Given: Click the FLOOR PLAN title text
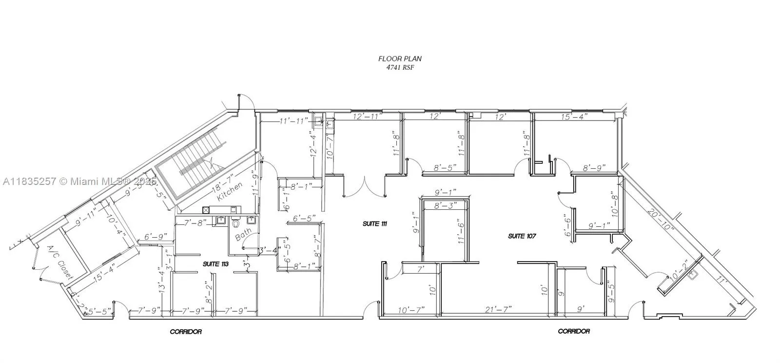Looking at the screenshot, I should pos(400,59).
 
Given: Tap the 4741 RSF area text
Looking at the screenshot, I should pos(400,67).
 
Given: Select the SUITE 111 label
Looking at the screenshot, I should pos(375,224).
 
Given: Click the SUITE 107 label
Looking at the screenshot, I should pos(522,236).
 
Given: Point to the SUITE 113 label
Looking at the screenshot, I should pos(216,263).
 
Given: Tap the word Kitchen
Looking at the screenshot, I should pos(229,192).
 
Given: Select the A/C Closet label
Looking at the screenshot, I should pos(58,262).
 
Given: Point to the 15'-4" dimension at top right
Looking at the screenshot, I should pos(574,117).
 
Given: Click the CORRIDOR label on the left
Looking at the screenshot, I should pos(185,332).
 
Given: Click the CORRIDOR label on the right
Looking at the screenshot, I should pos(573,331).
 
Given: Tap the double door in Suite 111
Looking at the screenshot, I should pos(364,187).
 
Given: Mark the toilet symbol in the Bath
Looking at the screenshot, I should pos(236,224).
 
